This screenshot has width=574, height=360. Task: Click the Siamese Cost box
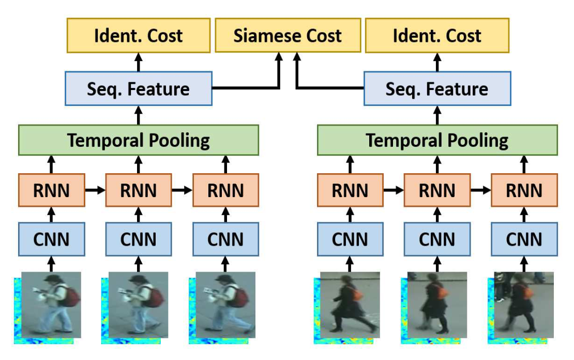coord(288,36)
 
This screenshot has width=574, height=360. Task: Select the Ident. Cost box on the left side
coord(139,36)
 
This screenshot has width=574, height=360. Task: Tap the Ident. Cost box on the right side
coord(437,36)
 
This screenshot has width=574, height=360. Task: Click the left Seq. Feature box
coord(138,89)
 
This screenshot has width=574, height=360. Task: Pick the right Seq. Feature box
coord(437,89)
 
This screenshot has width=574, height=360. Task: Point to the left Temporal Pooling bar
coord(138,140)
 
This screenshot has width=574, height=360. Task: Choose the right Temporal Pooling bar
coord(437,140)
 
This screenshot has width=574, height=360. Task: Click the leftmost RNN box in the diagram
coord(51,190)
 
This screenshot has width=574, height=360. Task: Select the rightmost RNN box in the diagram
coord(524,190)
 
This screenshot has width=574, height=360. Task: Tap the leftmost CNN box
coord(51,239)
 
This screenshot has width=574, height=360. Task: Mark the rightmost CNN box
coord(524,239)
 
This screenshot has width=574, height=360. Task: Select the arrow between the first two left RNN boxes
coord(95,190)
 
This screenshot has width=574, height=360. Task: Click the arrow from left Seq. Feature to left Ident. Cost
coord(138,62)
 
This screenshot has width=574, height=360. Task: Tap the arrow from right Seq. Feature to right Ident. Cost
coord(437,62)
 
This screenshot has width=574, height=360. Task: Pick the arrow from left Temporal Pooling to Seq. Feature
coord(138,114)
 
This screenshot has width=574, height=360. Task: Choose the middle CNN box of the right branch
coord(437,239)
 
